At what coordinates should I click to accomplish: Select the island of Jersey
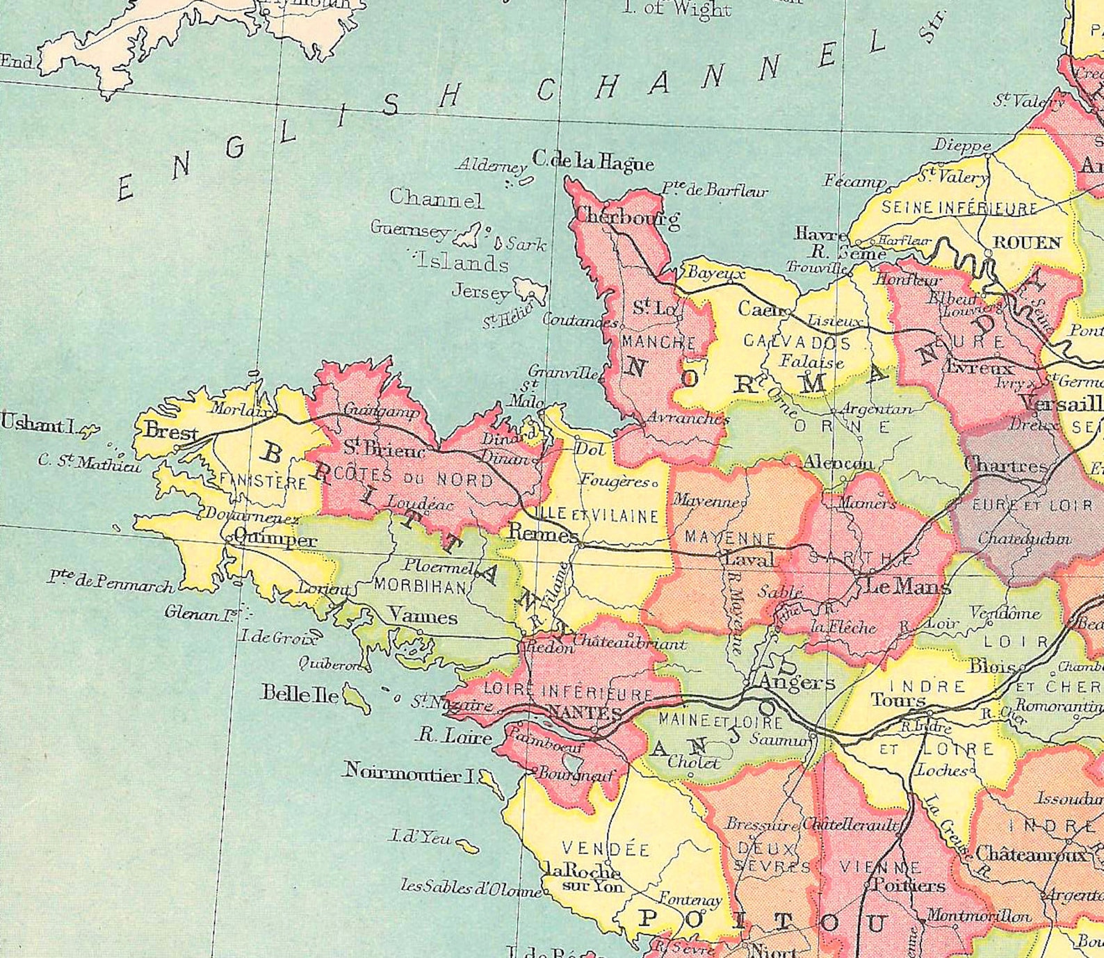pyautogui.click(x=531, y=289)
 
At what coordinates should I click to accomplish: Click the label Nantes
pyautogui.click(x=585, y=713)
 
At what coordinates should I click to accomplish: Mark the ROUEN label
pyautogui.click(x=1027, y=243)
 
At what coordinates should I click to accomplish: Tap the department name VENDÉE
pyautogui.click(x=606, y=849)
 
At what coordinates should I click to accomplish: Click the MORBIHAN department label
pyautogui.click(x=421, y=586)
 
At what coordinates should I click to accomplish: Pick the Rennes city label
pyautogui.click(x=543, y=533)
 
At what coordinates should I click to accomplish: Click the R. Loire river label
pyautogui.click(x=455, y=736)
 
